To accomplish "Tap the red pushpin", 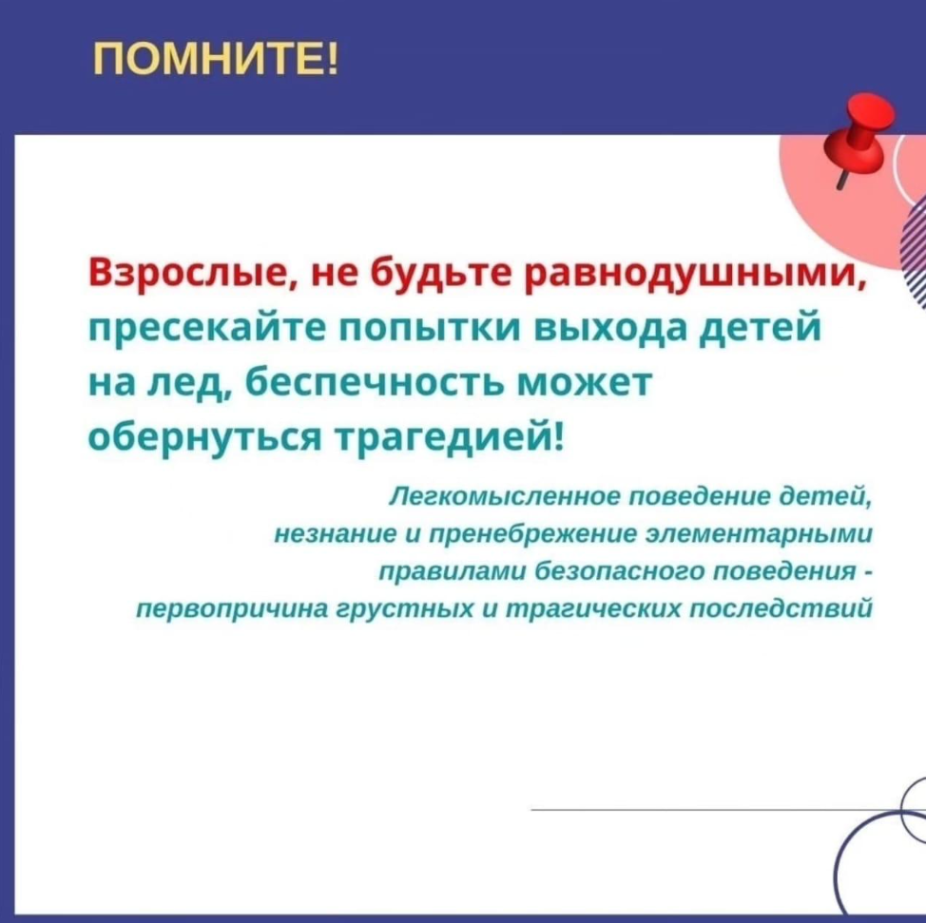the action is (x=859, y=137).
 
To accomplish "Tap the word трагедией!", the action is (x=452, y=438).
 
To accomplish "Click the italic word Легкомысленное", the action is (x=503, y=496).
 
